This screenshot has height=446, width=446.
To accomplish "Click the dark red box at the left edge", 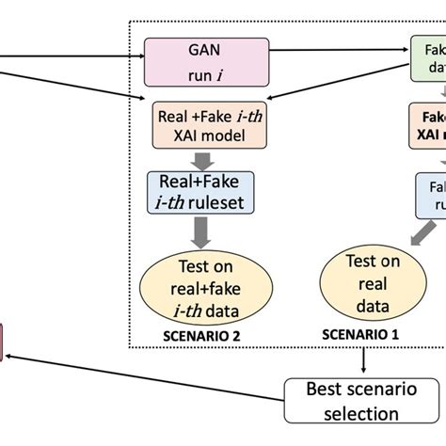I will pos(3,342).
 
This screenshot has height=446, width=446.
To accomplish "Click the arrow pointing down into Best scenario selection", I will pos(363,361).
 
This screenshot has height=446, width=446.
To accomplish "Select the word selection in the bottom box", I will pos(361,412).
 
